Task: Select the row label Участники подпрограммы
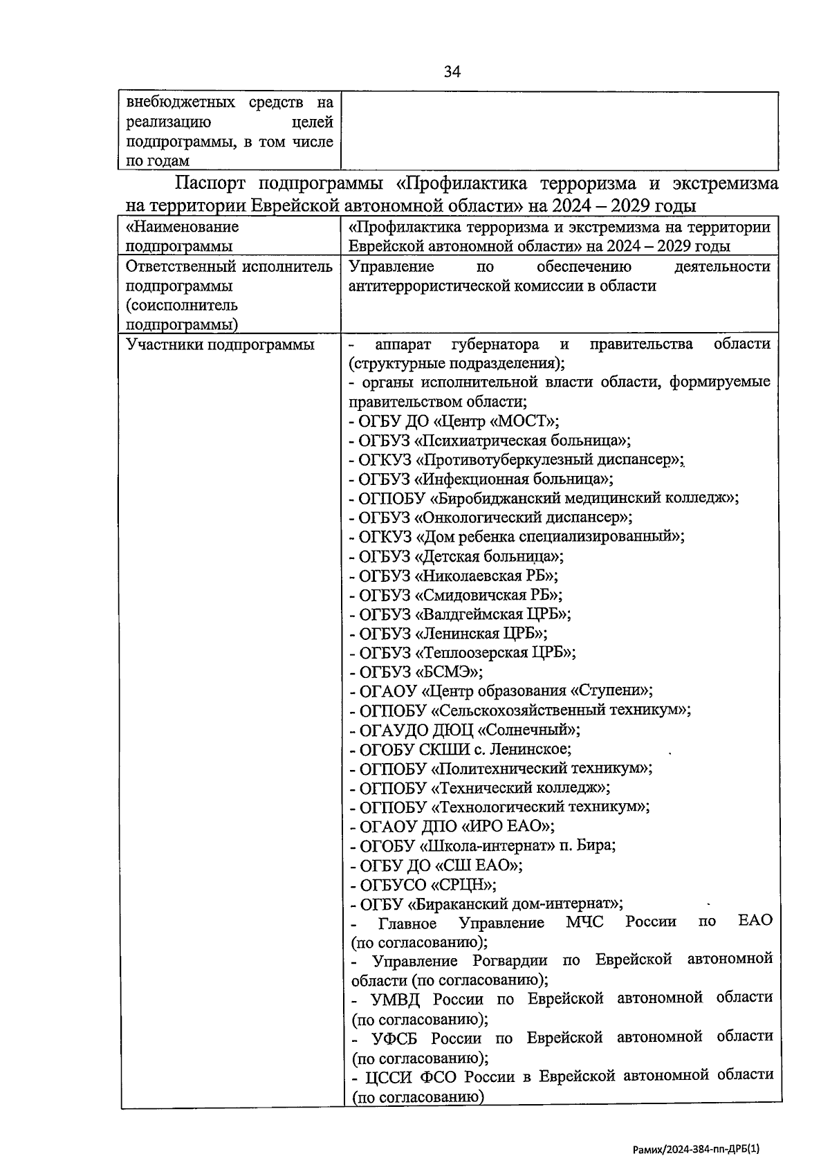coord(220,345)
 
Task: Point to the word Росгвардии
coord(510,960)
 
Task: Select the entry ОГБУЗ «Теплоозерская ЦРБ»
coord(463,652)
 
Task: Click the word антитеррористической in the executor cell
coord(429,286)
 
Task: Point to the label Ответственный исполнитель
coord(228,267)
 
